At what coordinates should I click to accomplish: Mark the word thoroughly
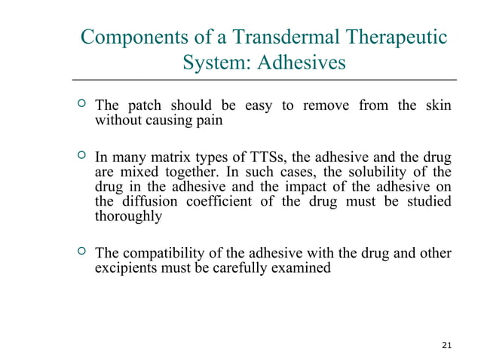pyautogui.click(x=127, y=216)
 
